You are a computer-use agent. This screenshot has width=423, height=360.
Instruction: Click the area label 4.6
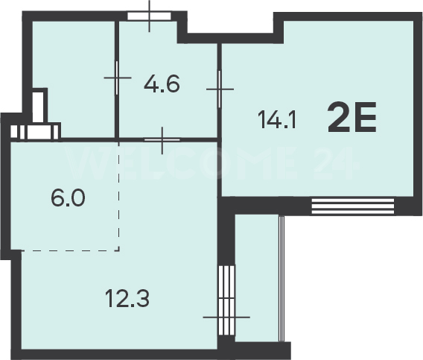pyautogui.click(x=162, y=84)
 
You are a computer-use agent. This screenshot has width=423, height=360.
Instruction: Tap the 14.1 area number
pyautogui.click(x=277, y=120)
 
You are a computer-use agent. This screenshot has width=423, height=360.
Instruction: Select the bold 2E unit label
pyautogui.click(x=352, y=117)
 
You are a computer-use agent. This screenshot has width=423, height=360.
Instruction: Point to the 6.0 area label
pyautogui.click(x=68, y=198)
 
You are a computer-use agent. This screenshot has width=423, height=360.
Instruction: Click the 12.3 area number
pyautogui.click(x=127, y=299)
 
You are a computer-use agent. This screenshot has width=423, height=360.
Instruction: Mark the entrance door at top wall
pyautogui.click(x=149, y=16)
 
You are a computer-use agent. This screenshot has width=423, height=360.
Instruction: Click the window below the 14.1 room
pyautogui.click(x=353, y=206)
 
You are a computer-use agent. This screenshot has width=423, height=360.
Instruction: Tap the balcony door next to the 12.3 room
pyautogui.click(x=226, y=300)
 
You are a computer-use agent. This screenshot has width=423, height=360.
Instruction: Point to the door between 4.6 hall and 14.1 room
pyautogui.click(x=220, y=89)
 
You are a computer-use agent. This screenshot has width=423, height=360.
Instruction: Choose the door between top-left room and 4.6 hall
pyautogui.click(x=117, y=78)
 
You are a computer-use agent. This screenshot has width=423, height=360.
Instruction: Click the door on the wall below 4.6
pyautogui.click(x=162, y=140)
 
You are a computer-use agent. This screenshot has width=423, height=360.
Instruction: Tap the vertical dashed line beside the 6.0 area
pyautogui.click(x=118, y=195)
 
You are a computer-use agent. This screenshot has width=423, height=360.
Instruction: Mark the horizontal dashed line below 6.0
pyautogui.click(x=70, y=250)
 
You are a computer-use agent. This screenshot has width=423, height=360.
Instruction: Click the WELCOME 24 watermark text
pyautogui.click(x=212, y=163)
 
